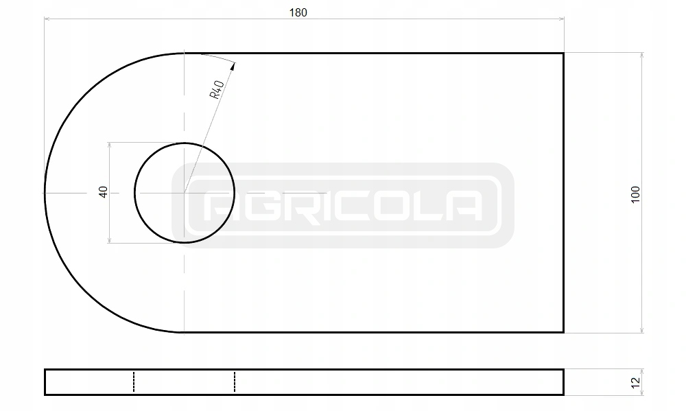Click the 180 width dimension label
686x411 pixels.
pos(298,12)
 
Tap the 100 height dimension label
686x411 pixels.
pos(636,194)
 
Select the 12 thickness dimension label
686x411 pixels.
pos(636,383)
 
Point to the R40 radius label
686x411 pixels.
pos(217,89)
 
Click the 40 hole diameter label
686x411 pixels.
pos(104,192)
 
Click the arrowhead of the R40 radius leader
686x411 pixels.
pos(233,66)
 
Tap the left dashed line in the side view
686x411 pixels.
pos(134,382)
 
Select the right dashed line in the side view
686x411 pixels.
pos(235,382)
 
